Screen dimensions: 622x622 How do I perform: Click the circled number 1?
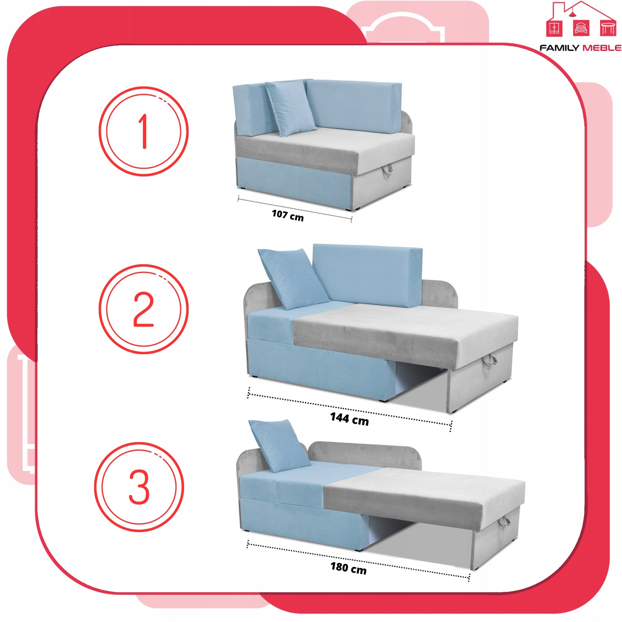click(x=144, y=131)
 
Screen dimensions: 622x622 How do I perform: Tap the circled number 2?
click(x=144, y=309)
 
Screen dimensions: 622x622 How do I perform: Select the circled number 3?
click(x=139, y=487)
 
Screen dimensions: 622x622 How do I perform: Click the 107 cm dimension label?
click(x=288, y=215)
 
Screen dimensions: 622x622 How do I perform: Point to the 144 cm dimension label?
click(x=350, y=419)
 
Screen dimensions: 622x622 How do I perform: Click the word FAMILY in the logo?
click(x=559, y=48)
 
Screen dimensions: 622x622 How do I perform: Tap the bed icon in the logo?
click(x=581, y=28)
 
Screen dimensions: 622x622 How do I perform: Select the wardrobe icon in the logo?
click(x=554, y=28)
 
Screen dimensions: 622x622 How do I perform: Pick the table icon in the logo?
click(x=608, y=28)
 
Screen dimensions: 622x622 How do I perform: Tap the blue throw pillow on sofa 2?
click(x=293, y=279)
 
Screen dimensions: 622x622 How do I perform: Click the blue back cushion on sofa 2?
click(x=368, y=275)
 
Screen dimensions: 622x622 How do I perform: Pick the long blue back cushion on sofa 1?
click(x=354, y=106)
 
